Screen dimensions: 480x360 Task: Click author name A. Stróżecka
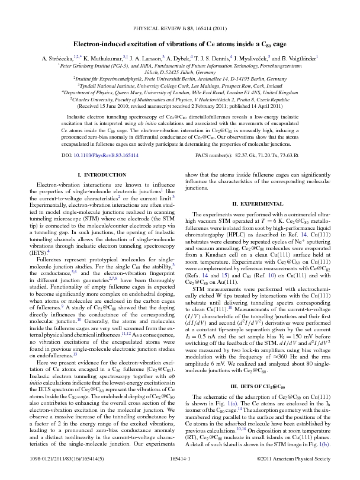pos(62,59)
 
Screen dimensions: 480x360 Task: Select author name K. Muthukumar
pos(104,59)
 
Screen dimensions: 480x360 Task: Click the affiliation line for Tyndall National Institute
pos(179,85)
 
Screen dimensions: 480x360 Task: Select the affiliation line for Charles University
pos(179,100)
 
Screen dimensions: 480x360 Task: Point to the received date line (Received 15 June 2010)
pos(179,107)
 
